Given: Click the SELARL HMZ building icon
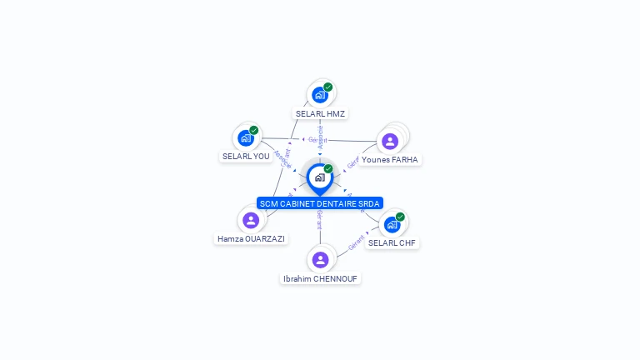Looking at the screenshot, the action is pyautogui.click(x=320, y=95).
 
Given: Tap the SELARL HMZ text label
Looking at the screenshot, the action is pyautogui.click(x=320, y=113).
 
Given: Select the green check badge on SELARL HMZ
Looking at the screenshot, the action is pyautogui.click(x=328, y=87).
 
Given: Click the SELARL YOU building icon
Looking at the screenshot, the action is pyautogui.click(x=246, y=138).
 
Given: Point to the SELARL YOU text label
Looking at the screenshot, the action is pyautogui.click(x=246, y=157).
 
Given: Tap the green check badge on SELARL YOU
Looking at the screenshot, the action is pyautogui.click(x=254, y=130).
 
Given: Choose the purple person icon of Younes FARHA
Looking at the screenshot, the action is pyautogui.click(x=390, y=141).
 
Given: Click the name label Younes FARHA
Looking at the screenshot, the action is pyautogui.click(x=390, y=159).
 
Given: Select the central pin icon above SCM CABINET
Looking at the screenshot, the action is pyautogui.click(x=319, y=177).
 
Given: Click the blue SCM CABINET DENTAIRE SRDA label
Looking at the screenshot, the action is pyautogui.click(x=320, y=203).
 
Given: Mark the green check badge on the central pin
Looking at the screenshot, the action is pyautogui.click(x=328, y=168).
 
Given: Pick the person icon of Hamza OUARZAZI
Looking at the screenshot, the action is pyautogui.click(x=251, y=220).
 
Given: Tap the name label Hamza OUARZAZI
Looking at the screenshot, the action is pyautogui.click(x=251, y=238).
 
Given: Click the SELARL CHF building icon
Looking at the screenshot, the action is pyautogui.click(x=392, y=225).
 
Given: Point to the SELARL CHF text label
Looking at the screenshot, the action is pyautogui.click(x=392, y=243).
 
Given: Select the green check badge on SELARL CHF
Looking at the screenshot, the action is pyautogui.click(x=400, y=217).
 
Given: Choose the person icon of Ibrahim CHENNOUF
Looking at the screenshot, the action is pyautogui.click(x=321, y=260).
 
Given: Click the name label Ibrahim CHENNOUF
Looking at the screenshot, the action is pyautogui.click(x=321, y=278).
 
